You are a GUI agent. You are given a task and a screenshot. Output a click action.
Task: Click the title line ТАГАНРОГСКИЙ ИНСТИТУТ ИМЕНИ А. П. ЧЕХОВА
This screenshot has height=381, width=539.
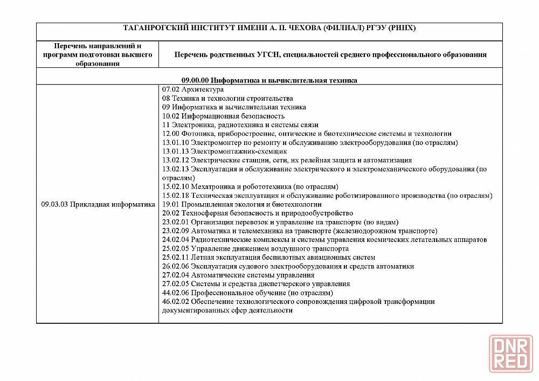[269, 28]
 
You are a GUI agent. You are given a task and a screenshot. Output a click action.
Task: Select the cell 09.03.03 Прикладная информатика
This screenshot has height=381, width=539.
[98, 204]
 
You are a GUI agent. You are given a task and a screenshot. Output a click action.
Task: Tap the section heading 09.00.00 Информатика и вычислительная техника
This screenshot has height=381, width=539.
[269, 80]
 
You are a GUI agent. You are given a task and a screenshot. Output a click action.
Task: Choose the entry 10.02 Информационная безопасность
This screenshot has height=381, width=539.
[223, 116]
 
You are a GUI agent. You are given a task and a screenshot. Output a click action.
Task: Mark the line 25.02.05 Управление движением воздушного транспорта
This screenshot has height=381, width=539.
[255, 248]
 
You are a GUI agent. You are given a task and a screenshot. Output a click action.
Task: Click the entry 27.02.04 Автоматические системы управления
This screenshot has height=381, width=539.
[238, 275]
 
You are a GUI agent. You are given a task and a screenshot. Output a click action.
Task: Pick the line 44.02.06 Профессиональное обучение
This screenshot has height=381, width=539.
[247, 293]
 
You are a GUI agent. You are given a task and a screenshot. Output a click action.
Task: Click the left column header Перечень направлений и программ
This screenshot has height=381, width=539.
[98, 54]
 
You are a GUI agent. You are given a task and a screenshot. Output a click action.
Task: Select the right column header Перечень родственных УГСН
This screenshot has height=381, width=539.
[330, 54]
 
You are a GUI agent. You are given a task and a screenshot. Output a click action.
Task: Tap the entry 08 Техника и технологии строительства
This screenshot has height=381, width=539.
[227, 98]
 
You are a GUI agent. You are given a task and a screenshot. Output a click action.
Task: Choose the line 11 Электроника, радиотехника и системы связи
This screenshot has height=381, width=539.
[240, 124]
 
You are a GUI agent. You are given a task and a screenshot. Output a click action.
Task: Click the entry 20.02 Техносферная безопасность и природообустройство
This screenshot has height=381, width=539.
[258, 213]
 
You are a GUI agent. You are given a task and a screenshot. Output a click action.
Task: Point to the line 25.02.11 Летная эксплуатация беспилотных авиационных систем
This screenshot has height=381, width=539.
[268, 257]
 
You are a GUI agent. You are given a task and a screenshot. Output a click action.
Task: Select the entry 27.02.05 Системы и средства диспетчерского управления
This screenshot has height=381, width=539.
[256, 283]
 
